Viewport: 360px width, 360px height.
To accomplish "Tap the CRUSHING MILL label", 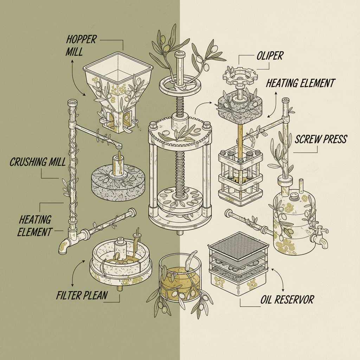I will pyautogui.click(x=38, y=162).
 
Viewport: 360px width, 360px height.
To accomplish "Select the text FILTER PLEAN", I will pyautogui.click(x=82, y=295).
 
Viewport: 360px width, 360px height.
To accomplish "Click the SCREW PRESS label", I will pyautogui.click(x=321, y=139).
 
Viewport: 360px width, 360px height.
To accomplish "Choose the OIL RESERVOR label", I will pyautogui.click(x=287, y=300).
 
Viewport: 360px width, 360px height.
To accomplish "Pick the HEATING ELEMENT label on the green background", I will pyautogui.click(x=35, y=226).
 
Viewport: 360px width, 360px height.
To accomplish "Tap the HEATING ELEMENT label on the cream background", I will pyautogui.click(x=301, y=83).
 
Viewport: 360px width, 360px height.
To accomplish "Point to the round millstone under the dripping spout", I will pyautogui.click(x=116, y=179).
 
